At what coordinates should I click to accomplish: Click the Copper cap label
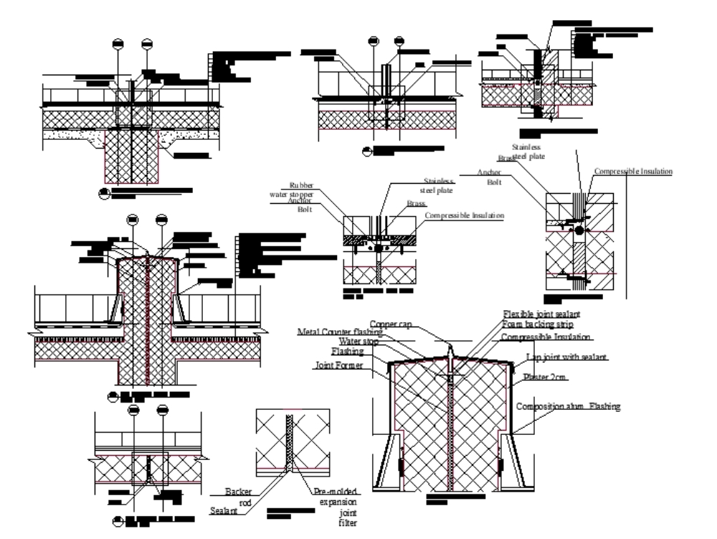point(391,324)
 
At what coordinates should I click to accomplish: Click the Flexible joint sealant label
point(542,314)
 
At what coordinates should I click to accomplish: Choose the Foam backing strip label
point(537,325)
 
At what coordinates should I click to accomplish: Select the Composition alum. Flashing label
point(569,406)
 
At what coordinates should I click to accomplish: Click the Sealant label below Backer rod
point(224,511)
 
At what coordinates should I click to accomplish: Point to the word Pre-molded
point(335,489)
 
